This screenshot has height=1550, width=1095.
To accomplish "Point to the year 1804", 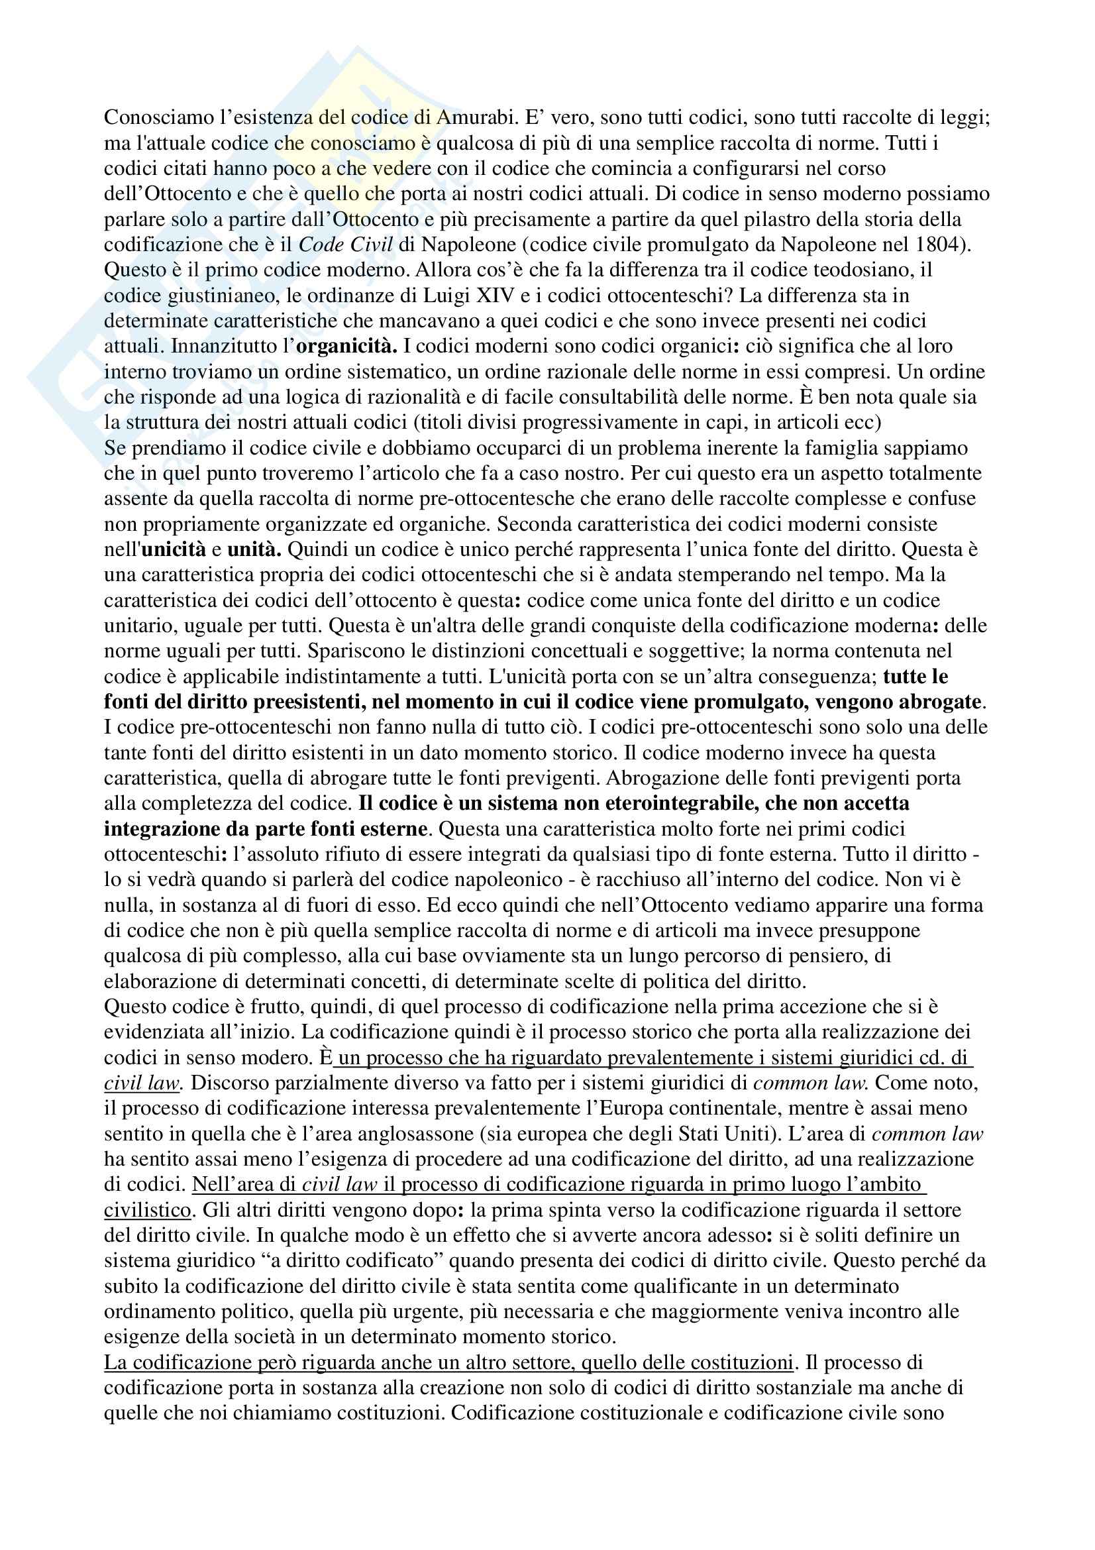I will (x=943, y=245).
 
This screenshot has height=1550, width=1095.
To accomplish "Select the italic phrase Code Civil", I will (x=345, y=245).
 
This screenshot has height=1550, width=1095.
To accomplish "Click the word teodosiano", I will (x=860, y=270).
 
